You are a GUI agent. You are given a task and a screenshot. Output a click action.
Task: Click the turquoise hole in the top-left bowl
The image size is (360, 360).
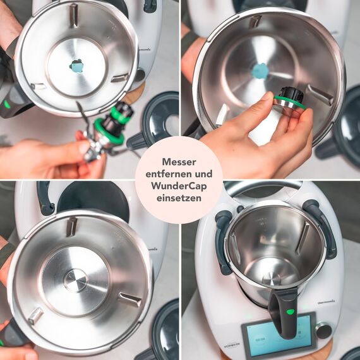[77, 66]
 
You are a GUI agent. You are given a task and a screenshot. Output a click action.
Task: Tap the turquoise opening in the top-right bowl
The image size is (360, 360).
[260, 71]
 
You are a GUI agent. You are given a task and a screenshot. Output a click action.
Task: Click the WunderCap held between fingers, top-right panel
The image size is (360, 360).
[290, 101]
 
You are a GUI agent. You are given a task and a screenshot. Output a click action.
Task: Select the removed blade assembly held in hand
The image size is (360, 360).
[107, 129]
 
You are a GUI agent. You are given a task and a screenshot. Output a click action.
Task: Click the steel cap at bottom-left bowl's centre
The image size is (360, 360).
[76, 280]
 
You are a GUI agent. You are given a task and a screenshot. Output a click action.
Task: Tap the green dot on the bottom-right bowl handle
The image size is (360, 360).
[290, 311]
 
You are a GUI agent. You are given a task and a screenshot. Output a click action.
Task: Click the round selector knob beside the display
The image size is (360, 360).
[323, 330]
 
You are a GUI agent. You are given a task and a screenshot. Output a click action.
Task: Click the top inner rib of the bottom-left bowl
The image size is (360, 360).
[71, 227]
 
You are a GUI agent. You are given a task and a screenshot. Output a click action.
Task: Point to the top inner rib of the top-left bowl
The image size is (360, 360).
[74, 15]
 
